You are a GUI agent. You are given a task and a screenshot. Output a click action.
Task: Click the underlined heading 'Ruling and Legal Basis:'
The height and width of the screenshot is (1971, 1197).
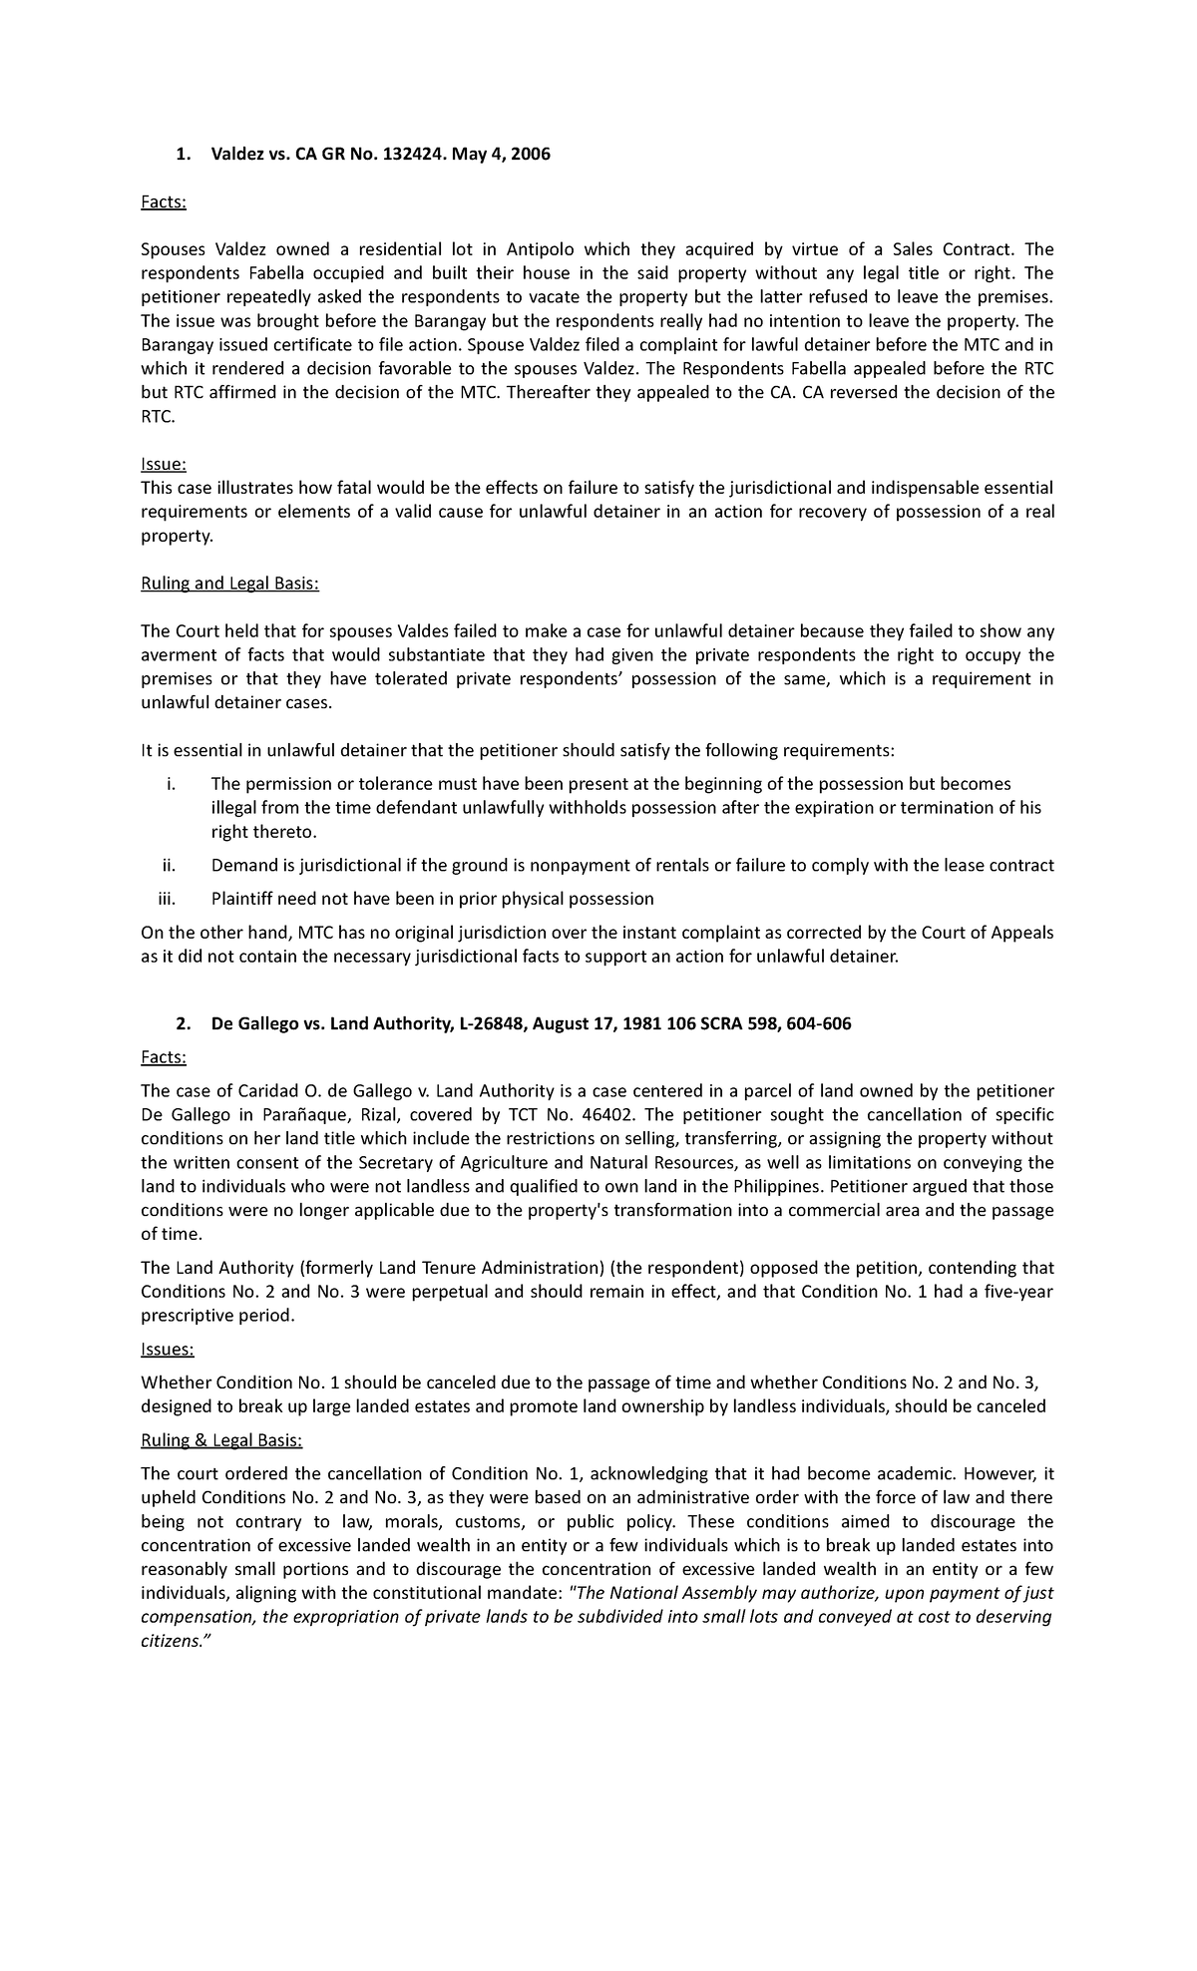pos(229,584)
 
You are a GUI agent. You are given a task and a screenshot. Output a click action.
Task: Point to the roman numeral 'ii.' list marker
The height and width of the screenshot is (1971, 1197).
pos(168,865)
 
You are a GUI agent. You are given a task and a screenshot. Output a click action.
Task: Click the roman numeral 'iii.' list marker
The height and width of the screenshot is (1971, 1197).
pos(166,899)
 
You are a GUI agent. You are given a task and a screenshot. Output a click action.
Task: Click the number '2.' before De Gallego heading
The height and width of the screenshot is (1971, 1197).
pos(182,1023)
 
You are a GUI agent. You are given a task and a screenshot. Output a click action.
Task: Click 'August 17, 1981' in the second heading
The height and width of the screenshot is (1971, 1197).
pos(591,1023)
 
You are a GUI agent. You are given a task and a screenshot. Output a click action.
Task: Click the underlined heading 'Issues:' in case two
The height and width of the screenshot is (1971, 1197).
pos(168,1350)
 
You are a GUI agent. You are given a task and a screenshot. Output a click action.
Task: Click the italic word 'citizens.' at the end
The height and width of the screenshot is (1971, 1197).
pos(171,1641)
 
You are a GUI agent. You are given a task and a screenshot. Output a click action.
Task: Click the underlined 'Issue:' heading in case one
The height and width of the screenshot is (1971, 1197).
pos(164,465)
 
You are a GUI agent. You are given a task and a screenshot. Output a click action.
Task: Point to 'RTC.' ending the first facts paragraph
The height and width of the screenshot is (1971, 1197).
pos(158,417)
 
